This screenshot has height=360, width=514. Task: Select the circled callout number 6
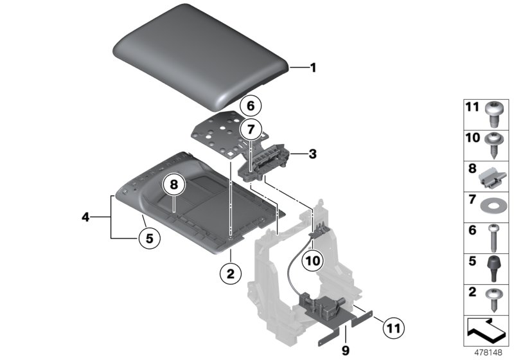coord(250,105)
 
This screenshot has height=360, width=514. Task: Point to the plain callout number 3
coord(312,154)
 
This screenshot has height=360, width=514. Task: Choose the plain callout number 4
coord(85,217)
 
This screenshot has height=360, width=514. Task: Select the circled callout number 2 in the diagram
coord(230,274)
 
